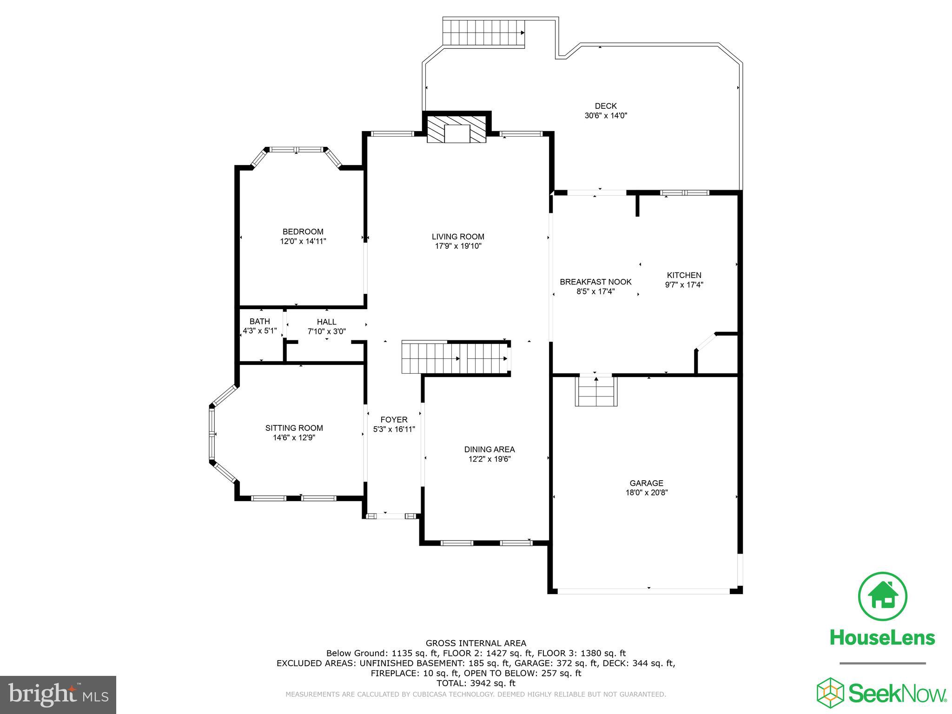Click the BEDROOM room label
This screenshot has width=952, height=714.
point(303,231)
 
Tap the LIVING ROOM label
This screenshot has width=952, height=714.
point(458,237)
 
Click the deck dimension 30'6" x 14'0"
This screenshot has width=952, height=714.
point(606,116)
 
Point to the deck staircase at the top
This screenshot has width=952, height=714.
point(483,33)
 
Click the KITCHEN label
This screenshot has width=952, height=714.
point(684,275)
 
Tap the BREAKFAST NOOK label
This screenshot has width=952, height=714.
point(595,282)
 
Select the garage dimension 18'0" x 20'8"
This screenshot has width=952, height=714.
point(646,493)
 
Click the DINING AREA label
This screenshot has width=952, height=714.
point(489,450)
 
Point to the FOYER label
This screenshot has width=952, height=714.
point(394,420)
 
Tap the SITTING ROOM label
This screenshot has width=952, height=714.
point(294,428)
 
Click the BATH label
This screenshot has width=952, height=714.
point(259,322)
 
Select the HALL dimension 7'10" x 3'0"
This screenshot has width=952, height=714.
point(326,331)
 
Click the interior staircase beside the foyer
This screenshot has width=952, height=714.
point(456,358)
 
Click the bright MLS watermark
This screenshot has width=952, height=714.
point(58,694)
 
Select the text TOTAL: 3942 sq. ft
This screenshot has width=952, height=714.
point(476,683)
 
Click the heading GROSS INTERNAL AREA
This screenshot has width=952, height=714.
point(476,643)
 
